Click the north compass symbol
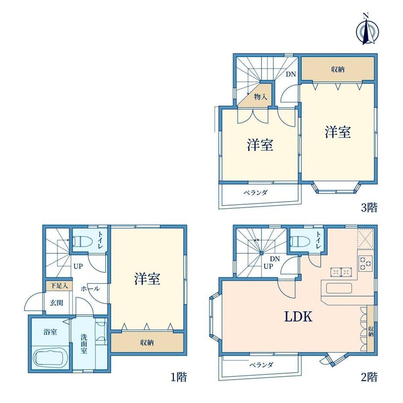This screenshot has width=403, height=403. coord(367,32)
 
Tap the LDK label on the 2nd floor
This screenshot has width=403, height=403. coord(298,317)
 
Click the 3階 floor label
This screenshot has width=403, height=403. coord(369,207)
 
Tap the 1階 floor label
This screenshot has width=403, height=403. coord(179,377)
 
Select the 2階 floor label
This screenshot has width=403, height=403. coord(369,377)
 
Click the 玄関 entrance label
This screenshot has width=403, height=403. coord(56,303)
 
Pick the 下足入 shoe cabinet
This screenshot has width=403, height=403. coord(59,286)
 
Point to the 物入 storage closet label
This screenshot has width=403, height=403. coord(261,97)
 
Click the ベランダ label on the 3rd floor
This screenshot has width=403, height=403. coord(255,192)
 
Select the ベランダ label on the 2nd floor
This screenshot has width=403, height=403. coord(261,364)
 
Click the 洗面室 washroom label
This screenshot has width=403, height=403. coord(84,344)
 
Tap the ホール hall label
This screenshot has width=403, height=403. coord(90,289)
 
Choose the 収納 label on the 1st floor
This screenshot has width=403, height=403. coord(147,343)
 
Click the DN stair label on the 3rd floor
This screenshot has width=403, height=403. coord(291,74)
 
